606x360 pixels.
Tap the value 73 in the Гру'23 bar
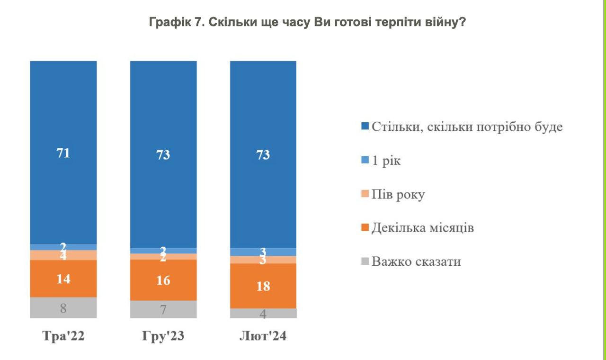[x=163, y=155]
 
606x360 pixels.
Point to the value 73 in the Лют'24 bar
[x=263, y=155]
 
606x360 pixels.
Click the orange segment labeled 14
[x=63, y=279]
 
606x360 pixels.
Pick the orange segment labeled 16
[x=163, y=280]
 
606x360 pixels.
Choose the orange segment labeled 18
[x=263, y=286]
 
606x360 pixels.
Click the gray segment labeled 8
[x=63, y=308]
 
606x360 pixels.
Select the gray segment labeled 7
[x=163, y=310]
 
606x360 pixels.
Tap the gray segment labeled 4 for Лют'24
[x=263, y=314]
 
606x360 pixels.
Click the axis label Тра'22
[x=63, y=337]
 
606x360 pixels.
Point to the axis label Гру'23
[x=163, y=337]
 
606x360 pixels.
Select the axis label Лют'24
[x=263, y=337]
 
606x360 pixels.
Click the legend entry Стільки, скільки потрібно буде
[x=467, y=127]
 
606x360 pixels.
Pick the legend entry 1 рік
[x=386, y=161]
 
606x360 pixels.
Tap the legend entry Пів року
[x=398, y=194]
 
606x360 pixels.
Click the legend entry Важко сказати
[x=416, y=261]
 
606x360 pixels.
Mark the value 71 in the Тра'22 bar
[x=63, y=153]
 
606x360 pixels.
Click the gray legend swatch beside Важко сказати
[x=365, y=261]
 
